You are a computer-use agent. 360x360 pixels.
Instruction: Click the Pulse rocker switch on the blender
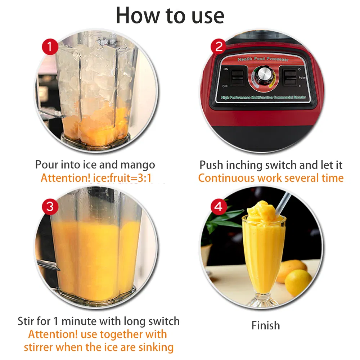(x=290, y=77)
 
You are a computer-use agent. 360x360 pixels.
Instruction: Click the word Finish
(x=266, y=325)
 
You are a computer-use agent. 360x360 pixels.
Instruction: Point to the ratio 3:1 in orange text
(x=147, y=178)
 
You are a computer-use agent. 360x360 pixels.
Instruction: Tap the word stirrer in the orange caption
(x=41, y=347)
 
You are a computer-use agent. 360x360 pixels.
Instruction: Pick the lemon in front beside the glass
(x=298, y=282)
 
